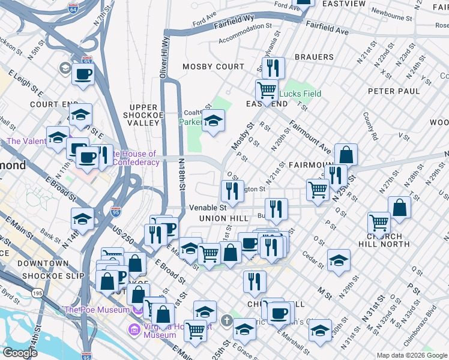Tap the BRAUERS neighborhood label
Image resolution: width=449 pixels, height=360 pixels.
(x=314, y=57)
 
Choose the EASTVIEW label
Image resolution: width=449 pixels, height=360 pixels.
(x=344, y=4)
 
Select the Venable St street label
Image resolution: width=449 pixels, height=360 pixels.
(x=207, y=207)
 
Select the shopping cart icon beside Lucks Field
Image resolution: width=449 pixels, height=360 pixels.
(x=267, y=91)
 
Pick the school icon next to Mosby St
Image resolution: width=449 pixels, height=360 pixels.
(x=213, y=121)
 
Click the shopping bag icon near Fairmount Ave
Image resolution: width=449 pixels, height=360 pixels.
(x=346, y=155)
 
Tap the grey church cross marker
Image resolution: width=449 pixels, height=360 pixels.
(x=226, y=319)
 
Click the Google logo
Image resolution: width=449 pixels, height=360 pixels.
(x=20, y=353)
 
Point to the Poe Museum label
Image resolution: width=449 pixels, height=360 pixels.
(x=96, y=310)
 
